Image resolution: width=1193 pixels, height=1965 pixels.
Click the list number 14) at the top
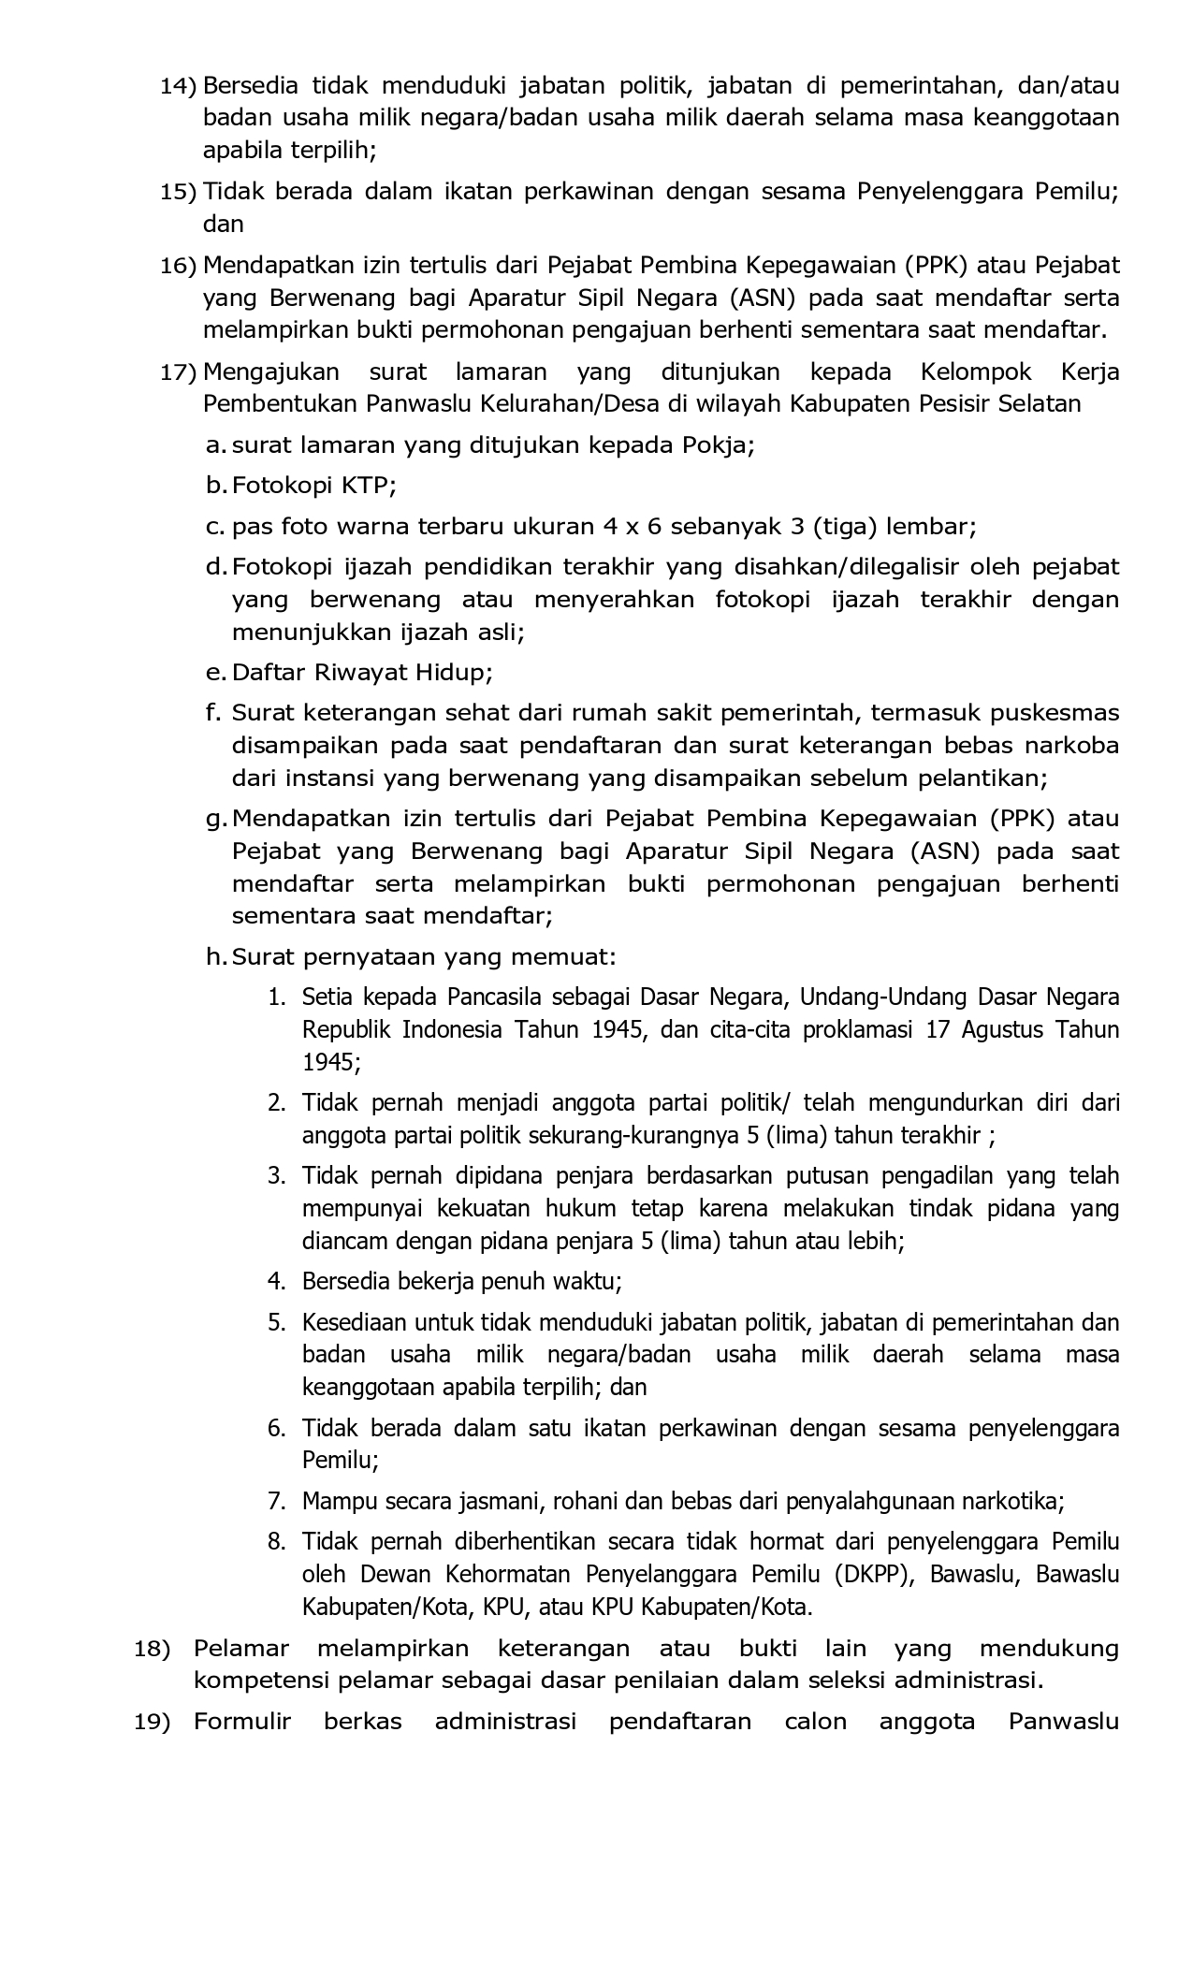(x=177, y=86)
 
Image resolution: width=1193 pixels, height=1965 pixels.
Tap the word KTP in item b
(x=374, y=486)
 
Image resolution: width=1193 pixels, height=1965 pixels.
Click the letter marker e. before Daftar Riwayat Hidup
(x=215, y=673)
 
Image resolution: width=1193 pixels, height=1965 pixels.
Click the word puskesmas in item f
(x=1055, y=713)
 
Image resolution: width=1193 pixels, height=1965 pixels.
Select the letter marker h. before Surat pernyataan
(x=216, y=957)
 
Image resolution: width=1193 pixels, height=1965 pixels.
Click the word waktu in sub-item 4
(x=592, y=1281)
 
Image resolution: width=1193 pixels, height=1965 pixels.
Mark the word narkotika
(x=1012, y=1502)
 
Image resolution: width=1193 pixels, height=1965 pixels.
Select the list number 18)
(x=153, y=1649)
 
